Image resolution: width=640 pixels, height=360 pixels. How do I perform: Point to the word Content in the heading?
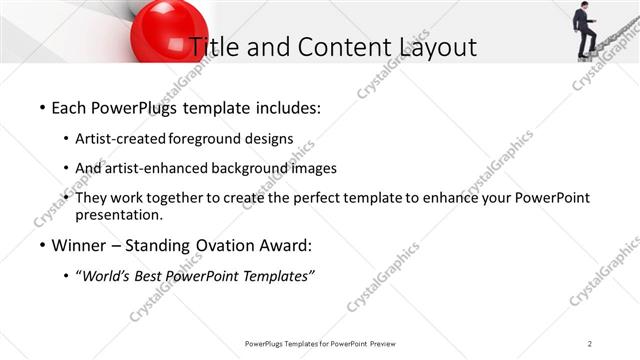tap(334, 46)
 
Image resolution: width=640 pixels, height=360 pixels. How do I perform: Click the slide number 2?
tap(591, 343)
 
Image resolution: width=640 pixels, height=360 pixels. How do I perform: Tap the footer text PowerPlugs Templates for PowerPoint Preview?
tap(320, 343)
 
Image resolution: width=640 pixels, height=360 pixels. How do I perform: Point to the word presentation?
tap(118, 215)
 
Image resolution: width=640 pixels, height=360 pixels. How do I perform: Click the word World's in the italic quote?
tap(108, 276)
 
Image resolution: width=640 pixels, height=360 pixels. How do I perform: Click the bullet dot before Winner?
tap(41, 245)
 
